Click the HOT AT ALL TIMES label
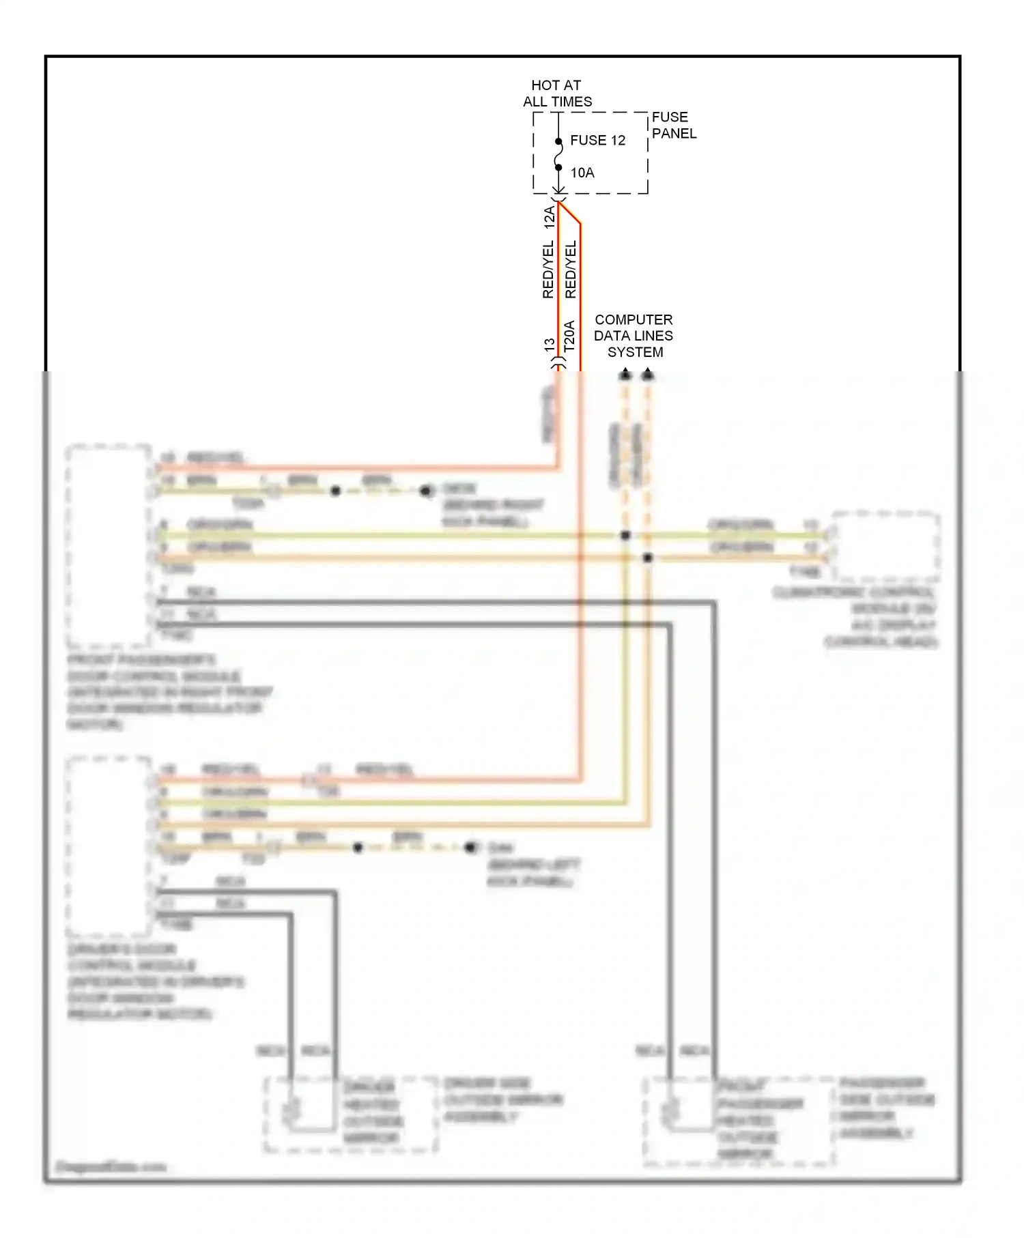[x=557, y=93]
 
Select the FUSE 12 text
[x=597, y=140]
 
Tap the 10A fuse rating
[x=582, y=173]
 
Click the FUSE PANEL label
[x=673, y=126]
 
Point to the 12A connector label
[x=549, y=217]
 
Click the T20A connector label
[x=569, y=336]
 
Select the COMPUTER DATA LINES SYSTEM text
[x=634, y=336]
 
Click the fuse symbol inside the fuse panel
[x=558, y=154]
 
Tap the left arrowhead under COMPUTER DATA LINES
[x=625, y=374]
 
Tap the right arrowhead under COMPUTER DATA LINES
[x=648, y=374]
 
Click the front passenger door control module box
[x=108, y=546]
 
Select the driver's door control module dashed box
[x=108, y=846]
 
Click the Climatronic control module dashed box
[x=885, y=546]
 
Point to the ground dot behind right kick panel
[x=426, y=491]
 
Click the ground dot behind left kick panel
[x=470, y=848]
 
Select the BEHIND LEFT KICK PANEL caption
[x=533, y=873]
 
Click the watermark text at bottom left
[x=110, y=1166]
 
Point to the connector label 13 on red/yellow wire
[x=550, y=345]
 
